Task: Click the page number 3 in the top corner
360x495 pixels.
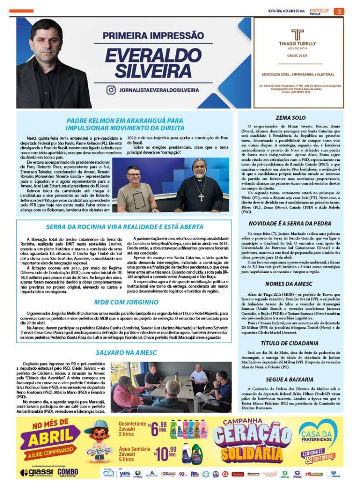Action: pyautogui.click(x=339, y=11)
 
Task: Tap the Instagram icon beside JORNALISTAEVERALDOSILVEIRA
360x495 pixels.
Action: pyautogui.click(x=111, y=90)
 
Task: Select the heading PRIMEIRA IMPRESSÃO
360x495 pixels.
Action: pyautogui.click(x=153, y=35)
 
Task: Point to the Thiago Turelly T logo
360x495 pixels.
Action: pyautogui.click(x=297, y=35)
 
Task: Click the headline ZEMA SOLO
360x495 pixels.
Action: pyautogui.click(x=290, y=117)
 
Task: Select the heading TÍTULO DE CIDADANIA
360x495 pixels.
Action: pyautogui.click(x=290, y=343)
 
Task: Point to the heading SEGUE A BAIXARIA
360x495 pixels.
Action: pyautogui.click(x=290, y=379)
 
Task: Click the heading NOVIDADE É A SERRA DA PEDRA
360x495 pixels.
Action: pyautogui.click(x=290, y=223)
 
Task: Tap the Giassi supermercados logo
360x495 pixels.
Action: pyautogui.click(x=36, y=472)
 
